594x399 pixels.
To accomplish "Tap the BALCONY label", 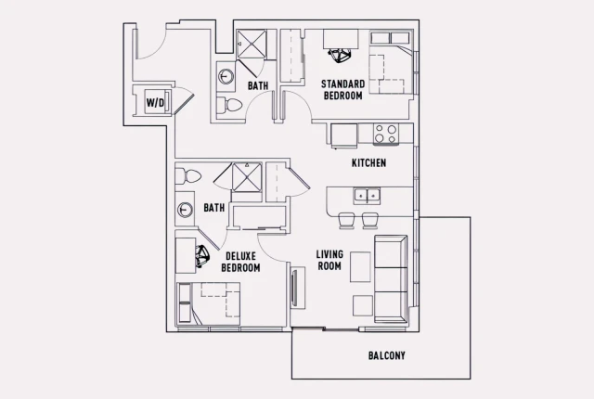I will click(x=386, y=355).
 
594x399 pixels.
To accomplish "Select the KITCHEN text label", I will click(x=368, y=163).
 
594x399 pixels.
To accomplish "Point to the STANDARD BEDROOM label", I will click(x=342, y=89).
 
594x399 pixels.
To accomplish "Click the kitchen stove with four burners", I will click(x=385, y=134).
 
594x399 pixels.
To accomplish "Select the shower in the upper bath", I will click(x=251, y=45).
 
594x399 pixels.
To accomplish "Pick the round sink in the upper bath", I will click(x=226, y=76).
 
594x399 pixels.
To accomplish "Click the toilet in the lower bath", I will click(x=190, y=174).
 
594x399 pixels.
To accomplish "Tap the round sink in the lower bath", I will click(x=186, y=209).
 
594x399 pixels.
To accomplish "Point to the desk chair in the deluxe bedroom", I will click(x=203, y=251).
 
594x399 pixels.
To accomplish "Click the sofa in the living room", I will click(x=391, y=277).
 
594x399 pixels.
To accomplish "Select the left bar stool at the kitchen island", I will click(x=345, y=221).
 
